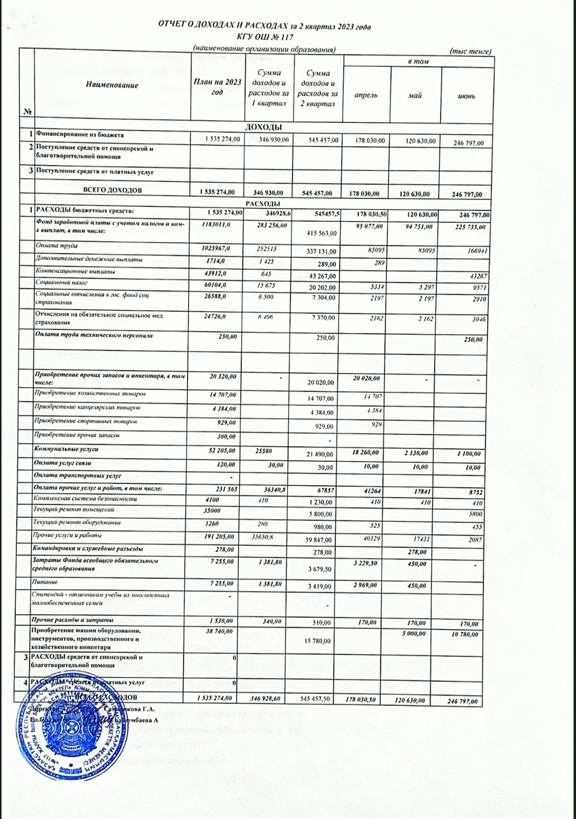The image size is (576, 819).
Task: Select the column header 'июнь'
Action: click(467, 96)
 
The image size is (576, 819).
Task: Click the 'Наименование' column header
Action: click(112, 85)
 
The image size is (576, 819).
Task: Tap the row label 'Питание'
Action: click(46, 582)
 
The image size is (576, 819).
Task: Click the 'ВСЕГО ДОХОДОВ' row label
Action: click(112, 190)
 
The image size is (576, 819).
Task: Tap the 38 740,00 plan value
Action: click(219, 632)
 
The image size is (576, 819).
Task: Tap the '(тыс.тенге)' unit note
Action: click(470, 51)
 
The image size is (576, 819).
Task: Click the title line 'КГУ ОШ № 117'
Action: click(264, 36)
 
